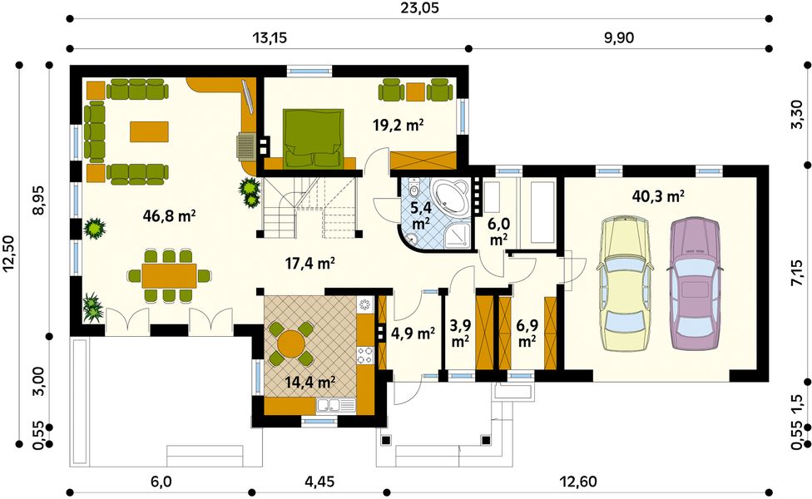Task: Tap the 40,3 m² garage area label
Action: [x=658, y=196]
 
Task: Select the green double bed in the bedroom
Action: [x=314, y=138]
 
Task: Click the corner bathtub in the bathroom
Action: [x=449, y=197]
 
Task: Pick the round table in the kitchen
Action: [x=291, y=343]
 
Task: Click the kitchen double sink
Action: [x=336, y=405]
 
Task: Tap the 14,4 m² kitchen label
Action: [x=309, y=383]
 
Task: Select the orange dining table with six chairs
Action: [x=169, y=275]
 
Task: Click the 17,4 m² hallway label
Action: [x=309, y=264]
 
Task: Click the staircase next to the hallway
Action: [x=309, y=207]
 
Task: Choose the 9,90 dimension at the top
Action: [x=619, y=37]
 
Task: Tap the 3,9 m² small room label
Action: [x=460, y=333]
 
